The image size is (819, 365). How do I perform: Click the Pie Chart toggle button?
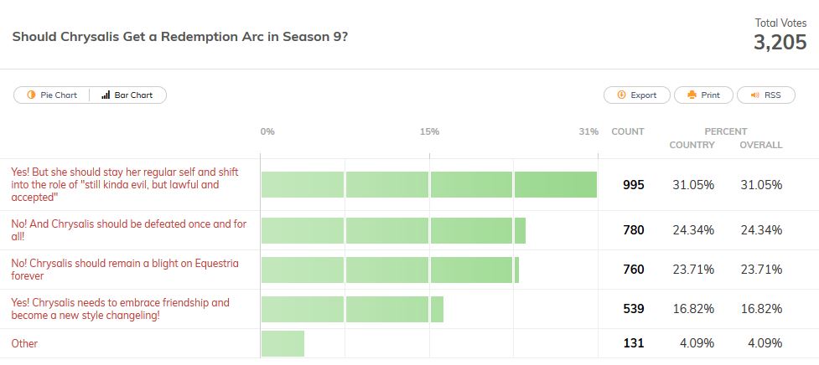(52, 95)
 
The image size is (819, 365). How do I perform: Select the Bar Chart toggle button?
(127, 95)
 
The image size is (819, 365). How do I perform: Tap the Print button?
(703, 95)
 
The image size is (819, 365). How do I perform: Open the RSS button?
(765, 95)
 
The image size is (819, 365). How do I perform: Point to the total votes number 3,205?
(780, 44)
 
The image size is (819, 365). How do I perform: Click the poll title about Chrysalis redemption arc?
(180, 38)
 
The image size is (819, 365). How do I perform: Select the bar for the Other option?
(283, 343)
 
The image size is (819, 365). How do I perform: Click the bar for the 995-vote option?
(428, 185)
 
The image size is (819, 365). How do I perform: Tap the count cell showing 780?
(634, 230)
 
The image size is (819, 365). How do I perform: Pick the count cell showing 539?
(634, 309)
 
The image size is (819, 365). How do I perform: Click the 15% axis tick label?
(429, 131)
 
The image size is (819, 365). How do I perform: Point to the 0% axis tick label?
(267, 131)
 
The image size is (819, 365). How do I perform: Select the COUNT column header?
(628, 131)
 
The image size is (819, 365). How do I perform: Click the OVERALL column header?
(760, 145)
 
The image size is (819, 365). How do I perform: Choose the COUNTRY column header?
(692, 145)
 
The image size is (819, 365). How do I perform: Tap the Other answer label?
(24, 344)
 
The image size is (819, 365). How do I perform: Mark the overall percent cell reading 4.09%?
(761, 343)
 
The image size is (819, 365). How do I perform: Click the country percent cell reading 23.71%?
(693, 270)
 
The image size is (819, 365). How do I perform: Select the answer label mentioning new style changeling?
(120, 309)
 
